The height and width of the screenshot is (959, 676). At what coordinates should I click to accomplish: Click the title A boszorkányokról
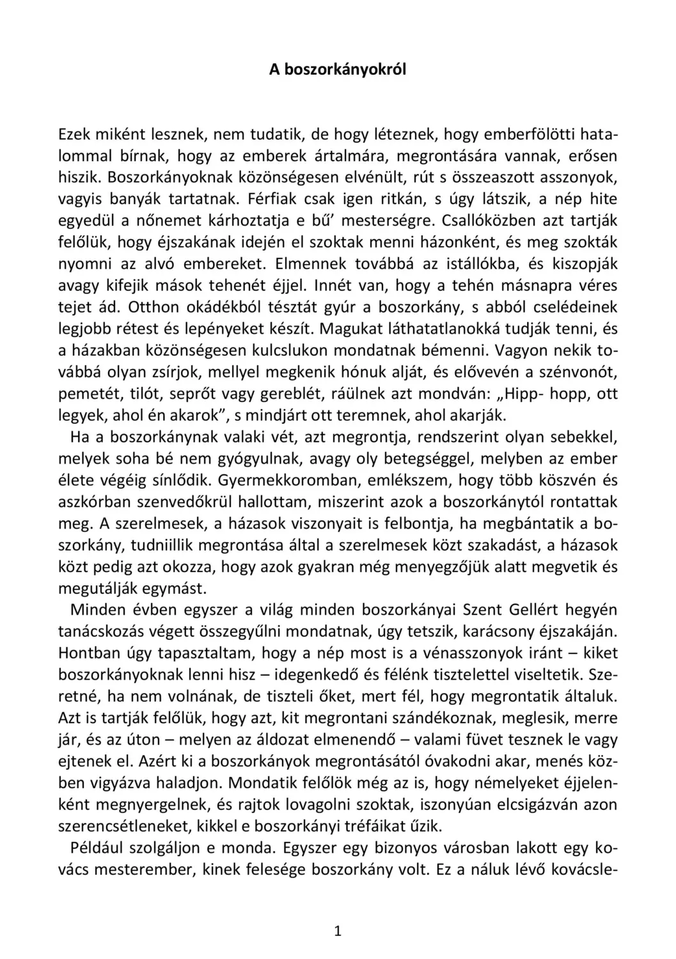coord(337,70)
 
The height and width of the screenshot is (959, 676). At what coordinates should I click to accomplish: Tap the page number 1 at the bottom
coord(338,931)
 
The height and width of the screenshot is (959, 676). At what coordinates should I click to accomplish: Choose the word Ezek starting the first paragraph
coord(74,135)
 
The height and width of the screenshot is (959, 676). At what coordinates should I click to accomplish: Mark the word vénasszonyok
coord(473,653)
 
